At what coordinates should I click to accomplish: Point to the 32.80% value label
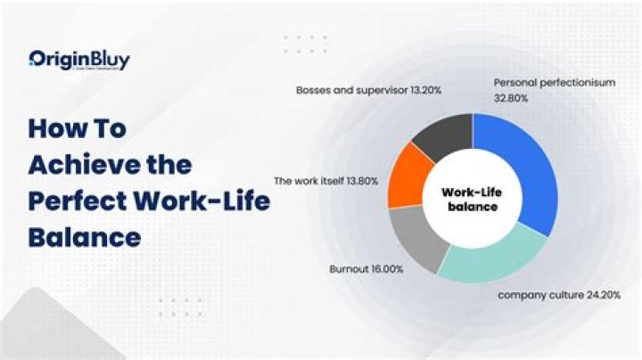pyautogui.click(x=511, y=98)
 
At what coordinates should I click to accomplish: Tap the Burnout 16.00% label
pyautogui.click(x=367, y=267)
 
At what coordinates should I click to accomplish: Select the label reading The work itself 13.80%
pyautogui.click(x=325, y=181)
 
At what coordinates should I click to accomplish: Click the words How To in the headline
pyautogui.click(x=78, y=127)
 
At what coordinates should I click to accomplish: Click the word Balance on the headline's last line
pyautogui.click(x=84, y=238)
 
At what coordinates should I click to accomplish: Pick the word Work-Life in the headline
pyautogui.click(x=209, y=201)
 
